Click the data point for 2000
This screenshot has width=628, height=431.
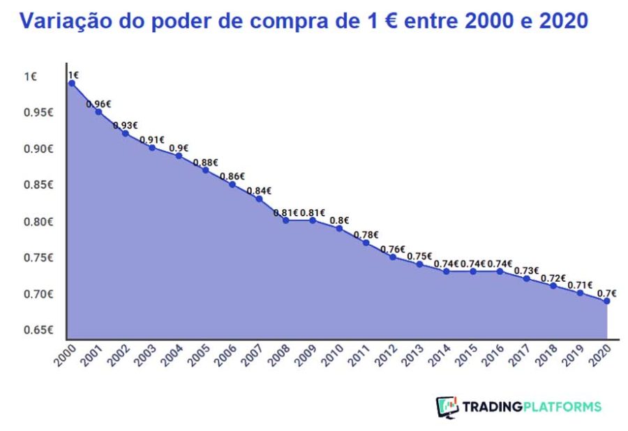[71, 83]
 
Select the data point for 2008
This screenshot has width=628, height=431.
[285, 220]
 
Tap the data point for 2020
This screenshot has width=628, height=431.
[606, 301]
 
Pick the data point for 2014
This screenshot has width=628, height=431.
[446, 271]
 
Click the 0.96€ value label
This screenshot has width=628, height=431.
[98, 104]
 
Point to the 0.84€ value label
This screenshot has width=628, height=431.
[259, 190]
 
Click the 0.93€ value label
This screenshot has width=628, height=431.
[125, 126]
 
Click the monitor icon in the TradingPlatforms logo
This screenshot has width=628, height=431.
[447, 407]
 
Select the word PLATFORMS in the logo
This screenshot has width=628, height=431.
[562, 407]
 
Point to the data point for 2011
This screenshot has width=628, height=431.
[366, 243]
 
